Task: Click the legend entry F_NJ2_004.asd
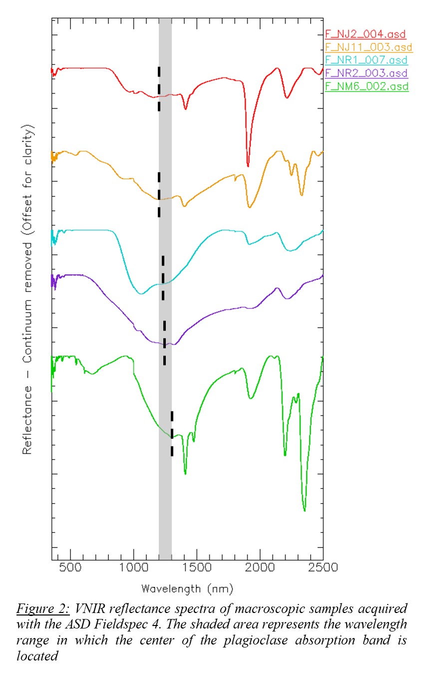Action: coord(365,34)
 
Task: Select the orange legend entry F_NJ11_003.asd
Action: coord(369,47)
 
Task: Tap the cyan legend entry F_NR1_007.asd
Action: coord(366,60)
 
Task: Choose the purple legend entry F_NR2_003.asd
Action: coord(366,73)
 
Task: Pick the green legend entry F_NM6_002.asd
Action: coord(367,86)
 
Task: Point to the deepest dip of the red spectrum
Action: coord(248,165)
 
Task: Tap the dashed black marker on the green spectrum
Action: coord(172,433)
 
